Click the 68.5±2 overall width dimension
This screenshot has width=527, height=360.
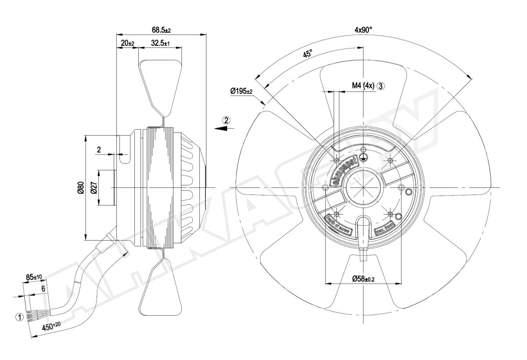point(161,30)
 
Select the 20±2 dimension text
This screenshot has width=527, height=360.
point(127,43)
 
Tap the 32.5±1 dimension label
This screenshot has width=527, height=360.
point(160,43)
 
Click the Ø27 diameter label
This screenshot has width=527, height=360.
point(94,187)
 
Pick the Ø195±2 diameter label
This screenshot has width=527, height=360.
point(241,91)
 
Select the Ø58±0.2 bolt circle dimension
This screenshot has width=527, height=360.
point(363,278)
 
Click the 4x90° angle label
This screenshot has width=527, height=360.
point(363,30)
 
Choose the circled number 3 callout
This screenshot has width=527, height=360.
point(381,86)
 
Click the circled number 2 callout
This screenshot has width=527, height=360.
point(226,120)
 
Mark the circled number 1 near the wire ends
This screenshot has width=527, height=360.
point(19,316)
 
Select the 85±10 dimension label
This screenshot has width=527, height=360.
point(33,277)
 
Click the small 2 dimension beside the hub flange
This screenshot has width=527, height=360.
point(99,150)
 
